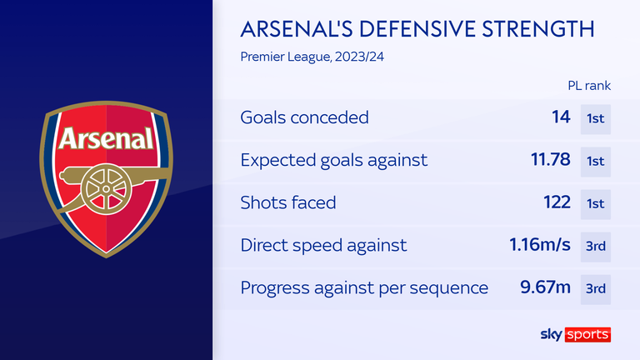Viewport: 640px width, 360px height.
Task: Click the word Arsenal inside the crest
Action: pyautogui.click(x=106, y=137)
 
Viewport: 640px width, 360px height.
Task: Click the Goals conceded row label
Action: pyautogui.click(x=304, y=117)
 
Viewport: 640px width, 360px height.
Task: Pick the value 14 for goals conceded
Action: pyautogui.click(x=559, y=117)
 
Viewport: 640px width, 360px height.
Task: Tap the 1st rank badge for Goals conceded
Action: pyautogui.click(x=596, y=117)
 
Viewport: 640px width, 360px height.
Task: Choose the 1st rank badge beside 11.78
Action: pyautogui.click(x=596, y=161)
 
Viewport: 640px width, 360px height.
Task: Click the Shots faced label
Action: pyautogui.click(x=288, y=202)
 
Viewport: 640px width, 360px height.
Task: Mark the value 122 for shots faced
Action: pyautogui.click(x=554, y=202)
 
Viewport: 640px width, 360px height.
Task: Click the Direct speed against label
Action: pyautogui.click(x=324, y=245)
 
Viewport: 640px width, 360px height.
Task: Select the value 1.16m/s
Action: pyautogui.click(x=540, y=245)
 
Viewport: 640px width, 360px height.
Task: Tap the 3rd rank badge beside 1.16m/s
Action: pyautogui.click(x=596, y=245)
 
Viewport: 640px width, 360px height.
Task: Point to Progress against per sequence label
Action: pyautogui.click(x=364, y=287)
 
